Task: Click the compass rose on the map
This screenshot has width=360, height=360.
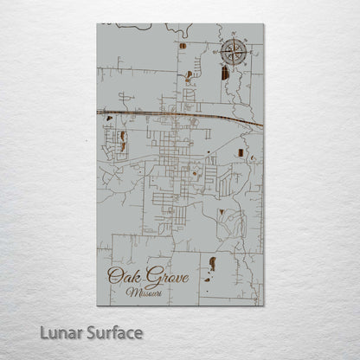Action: [234, 53]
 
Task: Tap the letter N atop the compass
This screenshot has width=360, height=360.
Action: [234, 36]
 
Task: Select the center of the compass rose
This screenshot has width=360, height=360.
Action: [234, 53]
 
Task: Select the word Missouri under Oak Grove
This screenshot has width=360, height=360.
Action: [143, 292]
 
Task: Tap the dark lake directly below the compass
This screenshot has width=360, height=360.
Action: [225, 74]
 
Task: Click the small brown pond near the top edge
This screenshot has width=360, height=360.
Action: [183, 45]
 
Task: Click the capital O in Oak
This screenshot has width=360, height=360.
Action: [112, 277]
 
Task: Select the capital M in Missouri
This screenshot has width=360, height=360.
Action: [130, 292]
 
